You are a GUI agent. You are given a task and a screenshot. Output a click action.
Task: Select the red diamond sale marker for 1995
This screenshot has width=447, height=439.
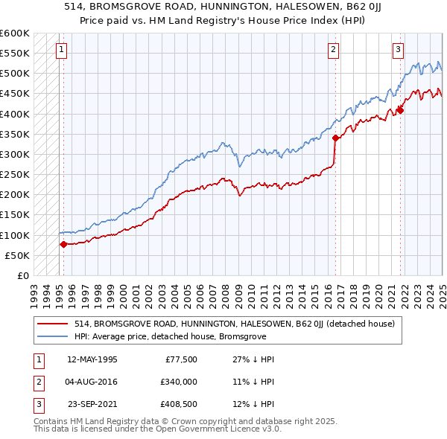[63, 244]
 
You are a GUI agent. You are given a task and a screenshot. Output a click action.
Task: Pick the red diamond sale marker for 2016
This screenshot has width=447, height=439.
[335, 138]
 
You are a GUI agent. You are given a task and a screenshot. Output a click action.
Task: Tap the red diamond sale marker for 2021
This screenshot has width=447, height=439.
[400, 110]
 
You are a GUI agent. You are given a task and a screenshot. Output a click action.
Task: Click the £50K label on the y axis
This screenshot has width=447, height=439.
[17, 255]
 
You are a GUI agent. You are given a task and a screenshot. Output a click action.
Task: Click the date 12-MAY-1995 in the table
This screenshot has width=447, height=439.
[92, 359]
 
